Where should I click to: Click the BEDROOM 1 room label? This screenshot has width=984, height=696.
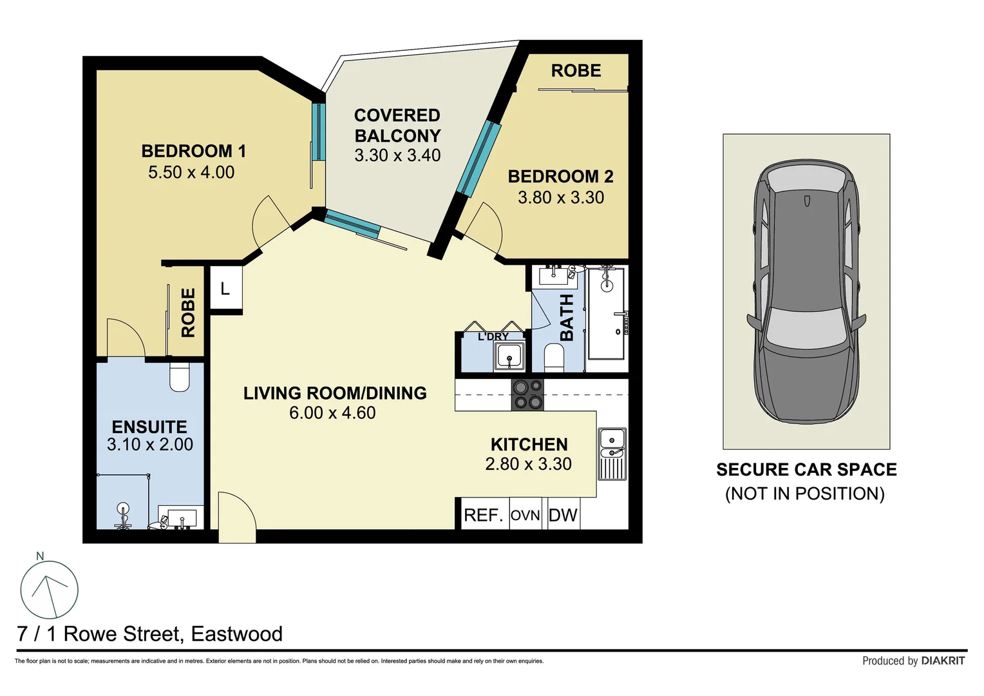(193, 151)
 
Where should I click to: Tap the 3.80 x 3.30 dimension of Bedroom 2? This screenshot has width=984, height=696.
(561, 198)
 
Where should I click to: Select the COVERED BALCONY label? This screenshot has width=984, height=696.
(397, 126)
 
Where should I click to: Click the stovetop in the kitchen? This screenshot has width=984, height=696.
(527, 394)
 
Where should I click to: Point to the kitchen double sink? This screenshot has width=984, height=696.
(612, 454)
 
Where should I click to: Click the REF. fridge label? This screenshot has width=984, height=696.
(483, 516)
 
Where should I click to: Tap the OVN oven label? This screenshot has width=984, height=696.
(525, 516)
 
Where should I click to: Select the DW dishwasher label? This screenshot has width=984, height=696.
(563, 516)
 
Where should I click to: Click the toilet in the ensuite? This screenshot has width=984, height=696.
(180, 378)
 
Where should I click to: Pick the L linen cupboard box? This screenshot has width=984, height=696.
(225, 289)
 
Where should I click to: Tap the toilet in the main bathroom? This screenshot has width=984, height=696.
(554, 357)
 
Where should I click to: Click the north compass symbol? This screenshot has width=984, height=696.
(49, 589)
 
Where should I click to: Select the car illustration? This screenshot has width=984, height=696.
(806, 291)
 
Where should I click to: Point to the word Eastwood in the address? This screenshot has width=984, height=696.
(236, 634)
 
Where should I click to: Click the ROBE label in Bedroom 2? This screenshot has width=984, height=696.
(576, 71)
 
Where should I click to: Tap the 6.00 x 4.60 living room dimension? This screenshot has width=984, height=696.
(332, 413)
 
